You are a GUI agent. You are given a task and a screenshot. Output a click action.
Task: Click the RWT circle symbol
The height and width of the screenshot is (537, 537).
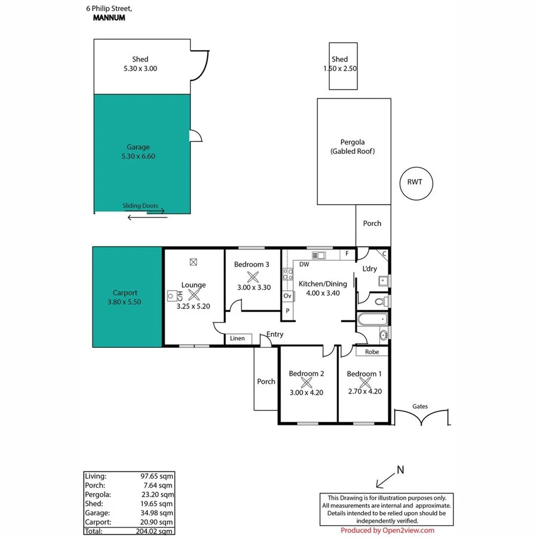pyautogui.click(x=415, y=182)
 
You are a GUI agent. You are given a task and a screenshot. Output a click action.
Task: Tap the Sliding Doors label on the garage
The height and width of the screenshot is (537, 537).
pyautogui.click(x=140, y=206)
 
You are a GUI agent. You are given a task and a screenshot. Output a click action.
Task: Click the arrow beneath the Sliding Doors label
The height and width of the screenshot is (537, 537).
pyautogui.click(x=147, y=217)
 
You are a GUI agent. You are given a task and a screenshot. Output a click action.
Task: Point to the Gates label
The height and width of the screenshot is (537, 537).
pyautogui.click(x=420, y=406)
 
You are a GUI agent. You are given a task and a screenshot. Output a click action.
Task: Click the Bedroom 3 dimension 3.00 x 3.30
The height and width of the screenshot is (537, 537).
pyautogui.click(x=254, y=287)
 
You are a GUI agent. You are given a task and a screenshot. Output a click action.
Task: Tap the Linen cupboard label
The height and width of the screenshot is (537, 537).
pyautogui.click(x=237, y=339)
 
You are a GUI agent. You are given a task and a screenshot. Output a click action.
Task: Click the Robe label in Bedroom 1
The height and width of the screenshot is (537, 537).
pyautogui.click(x=372, y=352)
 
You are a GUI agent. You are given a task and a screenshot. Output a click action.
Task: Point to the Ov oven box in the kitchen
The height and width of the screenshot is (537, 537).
pyautogui.click(x=288, y=296)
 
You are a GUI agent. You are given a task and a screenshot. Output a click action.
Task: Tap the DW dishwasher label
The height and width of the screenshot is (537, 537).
pyautogui.click(x=304, y=264)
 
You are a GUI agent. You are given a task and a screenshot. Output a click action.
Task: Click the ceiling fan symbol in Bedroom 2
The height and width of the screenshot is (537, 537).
pyautogui.click(x=306, y=383)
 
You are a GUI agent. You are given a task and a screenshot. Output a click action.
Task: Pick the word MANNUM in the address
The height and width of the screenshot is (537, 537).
pyautogui.click(x=110, y=18)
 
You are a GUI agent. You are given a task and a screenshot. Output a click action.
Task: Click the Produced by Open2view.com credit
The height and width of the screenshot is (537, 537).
pyautogui.click(x=387, y=530)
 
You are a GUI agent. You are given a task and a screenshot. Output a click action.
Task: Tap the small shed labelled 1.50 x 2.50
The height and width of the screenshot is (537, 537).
pyautogui.click(x=340, y=66)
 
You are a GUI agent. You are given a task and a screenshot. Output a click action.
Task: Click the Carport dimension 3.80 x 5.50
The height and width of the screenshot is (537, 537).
pyautogui.click(x=125, y=302)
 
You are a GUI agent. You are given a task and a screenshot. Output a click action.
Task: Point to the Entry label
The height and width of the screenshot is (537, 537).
pyautogui.click(x=275, y=335)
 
